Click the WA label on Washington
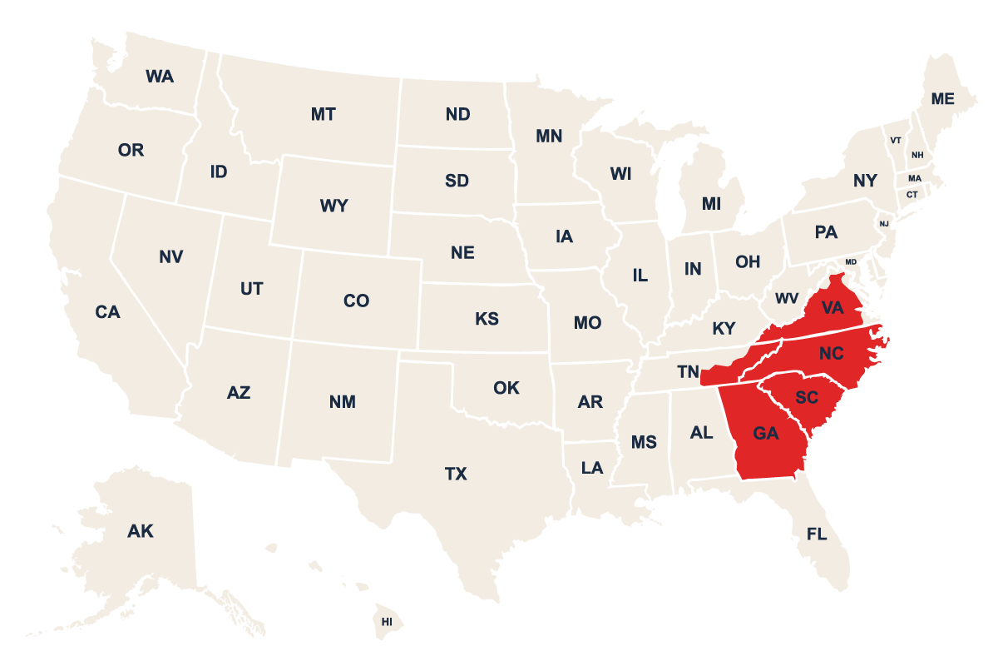point(160,77)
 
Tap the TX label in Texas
point(456,475)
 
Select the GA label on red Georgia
point(766,433)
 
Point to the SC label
point(807,397)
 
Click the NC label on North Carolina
point(831,354)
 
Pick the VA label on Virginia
point(832,308)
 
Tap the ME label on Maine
point(942,98)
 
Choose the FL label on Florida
point(817,534)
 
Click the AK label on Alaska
point(141,530)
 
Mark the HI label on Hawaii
point(387,622)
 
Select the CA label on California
point(107,312)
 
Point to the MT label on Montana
point(324,114)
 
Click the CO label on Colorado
point(356,301)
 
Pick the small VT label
point(896,140)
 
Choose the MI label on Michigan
point(711,204)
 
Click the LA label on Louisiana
point(592,468)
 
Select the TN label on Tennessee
point(688,370)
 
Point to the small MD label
point(850,261)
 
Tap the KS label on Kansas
point(487,319)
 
